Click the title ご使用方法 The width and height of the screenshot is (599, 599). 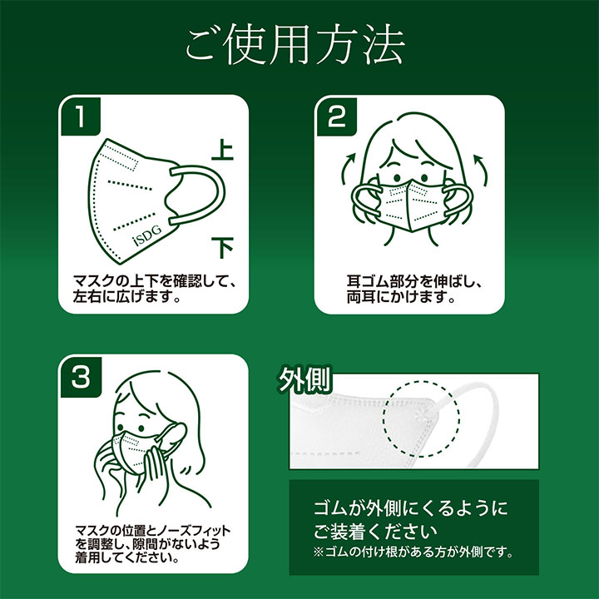coord(295,45)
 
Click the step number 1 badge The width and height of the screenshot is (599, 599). coord(81,116)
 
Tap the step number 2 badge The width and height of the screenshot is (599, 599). coord(337,116)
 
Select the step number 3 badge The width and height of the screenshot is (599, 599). coord(81,377)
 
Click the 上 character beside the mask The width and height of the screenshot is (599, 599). coord(222,151)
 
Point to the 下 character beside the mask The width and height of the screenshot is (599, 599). coord(222,247)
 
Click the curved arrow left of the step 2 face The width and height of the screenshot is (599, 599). coord(347,167)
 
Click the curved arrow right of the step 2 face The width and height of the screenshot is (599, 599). coord(482,168)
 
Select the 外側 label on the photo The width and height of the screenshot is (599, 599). coord(304,379)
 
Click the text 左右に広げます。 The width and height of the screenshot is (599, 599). coord(126,296)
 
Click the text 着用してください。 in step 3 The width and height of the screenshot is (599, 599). coord(127,557)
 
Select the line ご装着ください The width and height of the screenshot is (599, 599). coord(374,531)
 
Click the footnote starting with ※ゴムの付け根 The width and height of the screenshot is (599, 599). coord(413,552)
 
